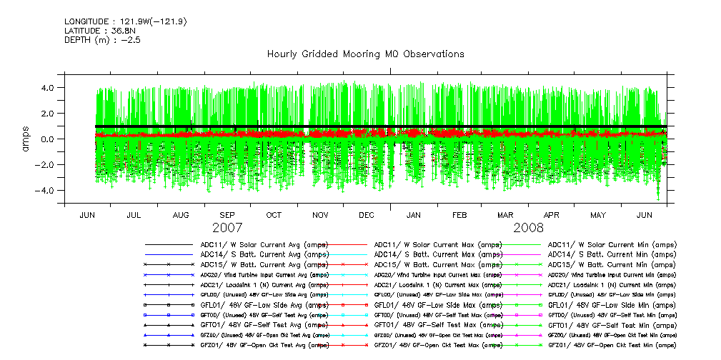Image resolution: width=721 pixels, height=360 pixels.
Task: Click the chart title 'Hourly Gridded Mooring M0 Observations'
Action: pyautogui.click(x=365, y=54)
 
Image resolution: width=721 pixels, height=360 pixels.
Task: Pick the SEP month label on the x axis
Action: pyautogui.click(x=227, y=215)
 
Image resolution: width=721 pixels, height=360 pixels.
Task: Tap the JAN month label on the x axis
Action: pyautogui.click(x=413, y=215)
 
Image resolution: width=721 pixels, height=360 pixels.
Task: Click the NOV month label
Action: pyautogui.click(x=320, y=215)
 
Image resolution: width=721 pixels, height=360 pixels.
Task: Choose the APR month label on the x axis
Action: pyautogui.click(x=551, y=215)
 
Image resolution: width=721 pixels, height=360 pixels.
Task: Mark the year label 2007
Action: pyautogui.click(x=227, y=228)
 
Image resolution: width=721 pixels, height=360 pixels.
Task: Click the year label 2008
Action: pyautogui.click(x=528, y=228)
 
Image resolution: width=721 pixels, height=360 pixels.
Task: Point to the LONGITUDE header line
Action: pyautogui.click(x=125, y=21)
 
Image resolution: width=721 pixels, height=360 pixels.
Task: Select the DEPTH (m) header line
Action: pyautogui.click(x=102, y=40)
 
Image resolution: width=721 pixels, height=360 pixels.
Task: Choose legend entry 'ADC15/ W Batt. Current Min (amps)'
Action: pyautogui.click(x=612, y=264)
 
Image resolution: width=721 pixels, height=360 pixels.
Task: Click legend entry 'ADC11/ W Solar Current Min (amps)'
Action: pyautogui.click(x=612, y=245)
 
